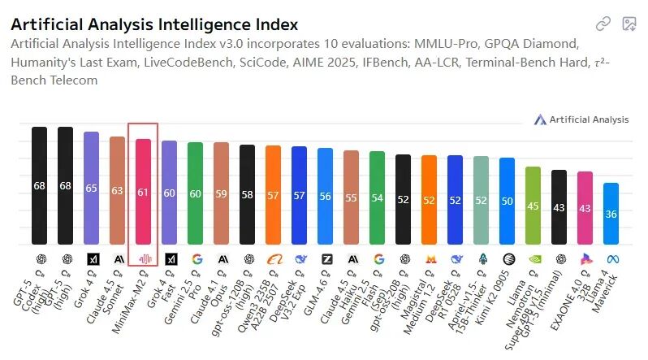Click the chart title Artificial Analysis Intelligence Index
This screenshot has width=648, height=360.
click(x=154, y=25)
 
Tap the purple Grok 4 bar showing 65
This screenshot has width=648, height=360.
click(x=91, y=188)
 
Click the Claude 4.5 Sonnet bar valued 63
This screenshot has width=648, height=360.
click(x=117, y=190)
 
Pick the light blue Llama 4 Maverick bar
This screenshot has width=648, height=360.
click(x=611, y=213)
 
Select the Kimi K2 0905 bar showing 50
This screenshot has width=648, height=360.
click(x=507, y=201)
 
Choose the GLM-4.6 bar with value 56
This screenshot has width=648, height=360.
click(x=325, y=196)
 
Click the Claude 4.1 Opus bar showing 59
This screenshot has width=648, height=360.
click(x=221, y=193)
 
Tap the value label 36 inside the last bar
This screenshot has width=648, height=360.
click(x=611, y=214)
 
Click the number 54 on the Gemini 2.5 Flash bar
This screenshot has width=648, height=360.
click(x=377, y=198)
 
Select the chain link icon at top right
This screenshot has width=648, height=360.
click(x=603, y=24)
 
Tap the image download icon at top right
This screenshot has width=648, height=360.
click(x=629, y=24)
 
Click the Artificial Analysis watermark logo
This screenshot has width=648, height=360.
click(x=581, y=119)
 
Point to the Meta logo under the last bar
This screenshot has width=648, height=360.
click(x=611, y=259)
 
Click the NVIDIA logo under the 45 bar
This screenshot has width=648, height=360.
click(x=533, y=259)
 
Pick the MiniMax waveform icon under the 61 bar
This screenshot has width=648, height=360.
click(x=143, y=259)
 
